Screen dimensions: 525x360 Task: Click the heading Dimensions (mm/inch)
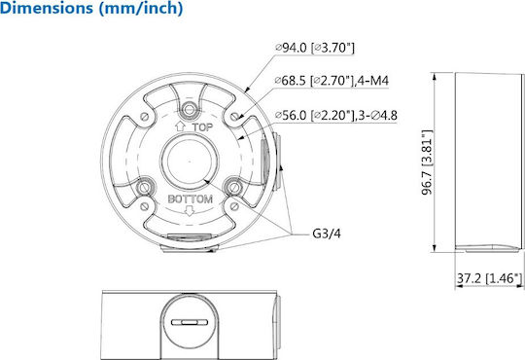point(91,8)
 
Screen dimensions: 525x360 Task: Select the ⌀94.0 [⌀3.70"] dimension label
point(315,48)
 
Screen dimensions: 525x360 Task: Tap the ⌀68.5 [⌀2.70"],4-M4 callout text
point(332,81)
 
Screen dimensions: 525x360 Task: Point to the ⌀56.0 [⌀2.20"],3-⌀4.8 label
point(336,116)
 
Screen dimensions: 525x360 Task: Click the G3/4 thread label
point(327,234)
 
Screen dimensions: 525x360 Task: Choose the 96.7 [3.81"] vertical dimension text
point(428,162)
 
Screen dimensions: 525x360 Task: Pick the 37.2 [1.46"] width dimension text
point(489,278)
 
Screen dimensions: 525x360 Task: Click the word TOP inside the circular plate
point(202,127)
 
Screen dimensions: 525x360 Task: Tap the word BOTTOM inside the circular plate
point(191,199)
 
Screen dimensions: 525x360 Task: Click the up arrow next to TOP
point(180,126)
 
